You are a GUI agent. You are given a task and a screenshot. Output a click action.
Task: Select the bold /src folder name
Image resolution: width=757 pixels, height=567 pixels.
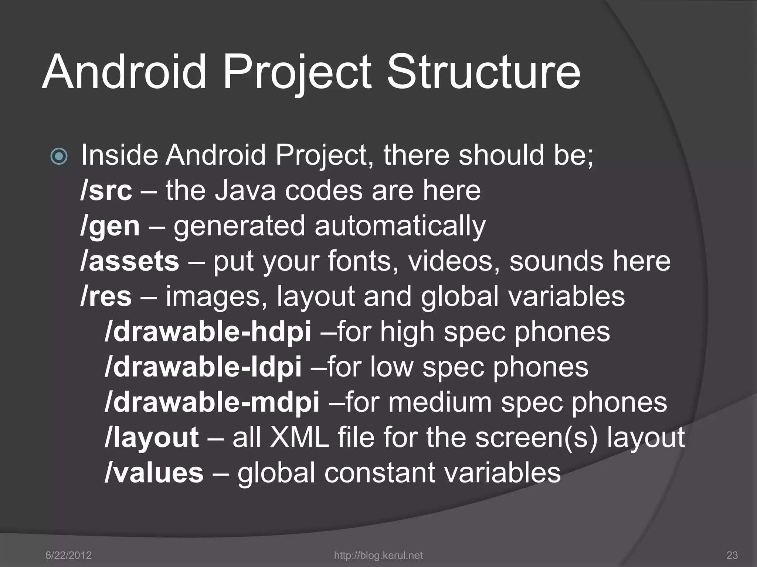106,191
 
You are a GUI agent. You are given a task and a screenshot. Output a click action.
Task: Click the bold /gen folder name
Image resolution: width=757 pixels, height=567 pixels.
110,226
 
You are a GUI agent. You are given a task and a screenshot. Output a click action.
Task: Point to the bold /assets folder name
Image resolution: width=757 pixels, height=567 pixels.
130,261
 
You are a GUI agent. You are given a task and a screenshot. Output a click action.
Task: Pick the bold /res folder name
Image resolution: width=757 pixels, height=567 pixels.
106,296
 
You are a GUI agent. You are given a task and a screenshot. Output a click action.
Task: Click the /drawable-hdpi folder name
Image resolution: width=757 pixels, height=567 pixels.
208,331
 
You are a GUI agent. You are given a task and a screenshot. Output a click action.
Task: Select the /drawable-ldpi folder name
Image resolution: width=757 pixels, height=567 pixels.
203,367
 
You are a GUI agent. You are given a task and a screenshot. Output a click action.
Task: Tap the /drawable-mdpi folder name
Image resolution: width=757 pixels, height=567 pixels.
212,402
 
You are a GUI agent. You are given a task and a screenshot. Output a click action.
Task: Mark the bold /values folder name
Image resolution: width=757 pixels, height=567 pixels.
154,473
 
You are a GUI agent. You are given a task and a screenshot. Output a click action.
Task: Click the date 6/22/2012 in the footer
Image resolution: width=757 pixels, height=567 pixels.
68,555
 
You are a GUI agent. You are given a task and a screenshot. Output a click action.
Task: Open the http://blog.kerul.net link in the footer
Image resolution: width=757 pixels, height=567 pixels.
378,555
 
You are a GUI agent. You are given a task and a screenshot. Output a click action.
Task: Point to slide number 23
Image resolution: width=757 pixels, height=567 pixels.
732,555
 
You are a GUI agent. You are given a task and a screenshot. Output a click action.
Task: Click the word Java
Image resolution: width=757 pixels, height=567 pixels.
245,191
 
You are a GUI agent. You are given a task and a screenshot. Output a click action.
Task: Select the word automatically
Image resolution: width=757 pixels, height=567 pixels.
400,226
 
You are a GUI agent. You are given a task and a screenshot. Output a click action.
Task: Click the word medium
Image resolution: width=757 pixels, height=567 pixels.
440,402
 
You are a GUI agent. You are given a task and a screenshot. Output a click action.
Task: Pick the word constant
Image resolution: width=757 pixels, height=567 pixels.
380,473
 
